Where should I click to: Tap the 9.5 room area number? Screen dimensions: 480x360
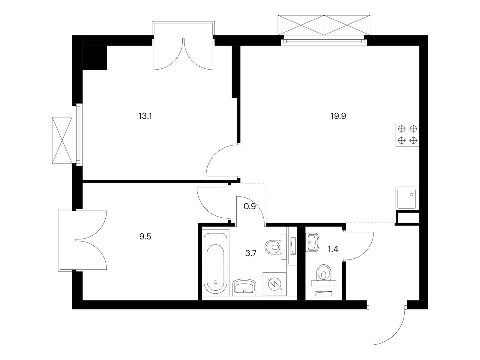145,237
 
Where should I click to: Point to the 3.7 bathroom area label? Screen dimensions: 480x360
250,253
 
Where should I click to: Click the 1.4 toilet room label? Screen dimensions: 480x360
333,249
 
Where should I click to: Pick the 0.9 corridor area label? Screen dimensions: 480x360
250,206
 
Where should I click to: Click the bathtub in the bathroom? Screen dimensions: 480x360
215,262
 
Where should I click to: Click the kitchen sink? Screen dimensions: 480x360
407,198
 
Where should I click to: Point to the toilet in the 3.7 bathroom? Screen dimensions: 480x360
275,247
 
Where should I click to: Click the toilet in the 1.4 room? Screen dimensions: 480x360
324,275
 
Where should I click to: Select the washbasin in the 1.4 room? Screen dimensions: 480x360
313,242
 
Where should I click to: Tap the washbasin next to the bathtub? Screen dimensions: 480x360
244,287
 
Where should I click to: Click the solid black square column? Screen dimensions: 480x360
95,58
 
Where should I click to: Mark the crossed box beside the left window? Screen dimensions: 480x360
62,140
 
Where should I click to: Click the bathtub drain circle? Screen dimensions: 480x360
216,282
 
